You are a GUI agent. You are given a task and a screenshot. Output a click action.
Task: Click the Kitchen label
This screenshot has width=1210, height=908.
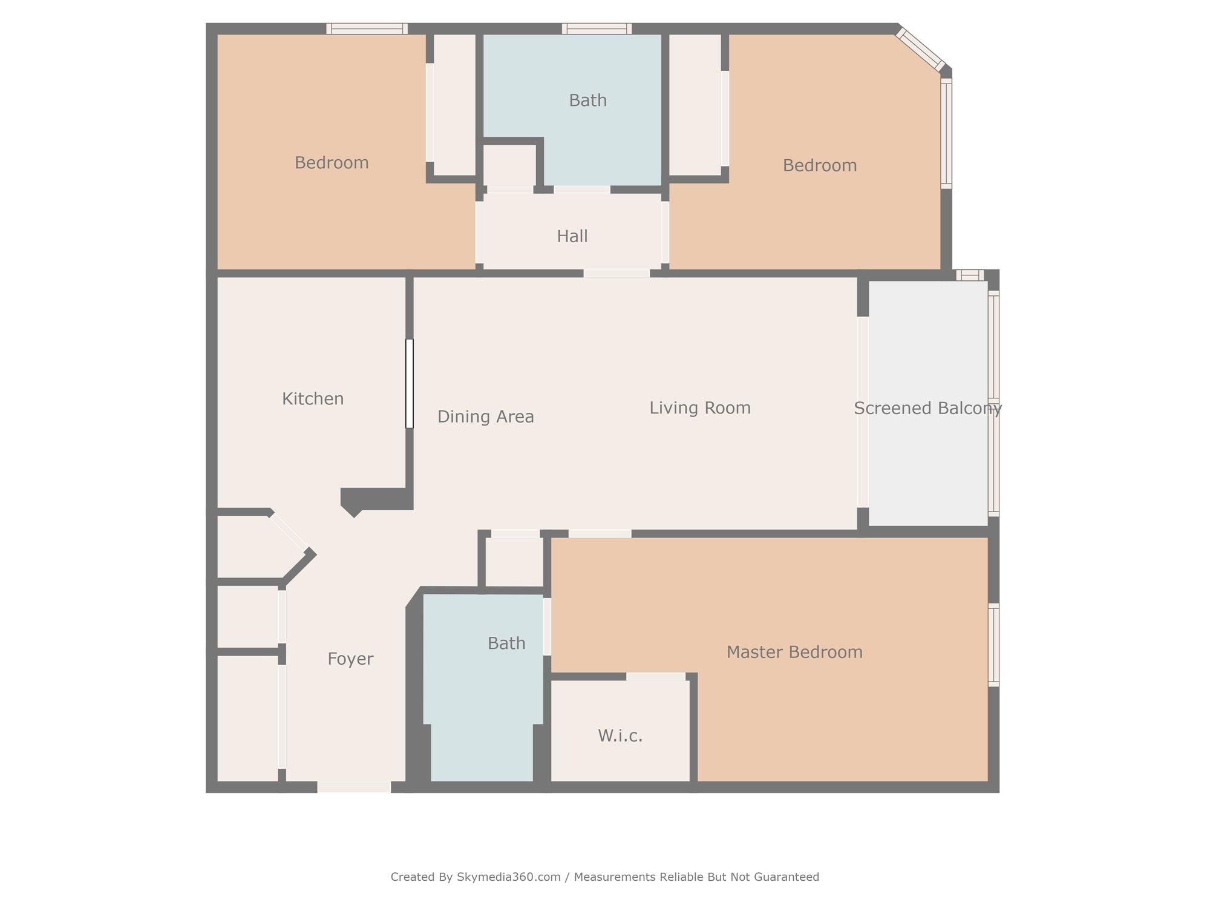click(313, 399)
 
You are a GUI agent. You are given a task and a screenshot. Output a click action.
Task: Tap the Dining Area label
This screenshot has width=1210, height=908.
click(485, 416)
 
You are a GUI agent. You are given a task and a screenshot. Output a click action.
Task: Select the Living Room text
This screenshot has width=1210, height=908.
click(700, 408)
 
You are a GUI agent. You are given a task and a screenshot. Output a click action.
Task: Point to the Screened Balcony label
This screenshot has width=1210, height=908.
click(927, 409)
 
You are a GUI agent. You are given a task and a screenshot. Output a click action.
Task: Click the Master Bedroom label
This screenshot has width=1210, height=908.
click(794, 652)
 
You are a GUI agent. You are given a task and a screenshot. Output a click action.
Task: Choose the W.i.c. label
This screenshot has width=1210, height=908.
click(620, 735)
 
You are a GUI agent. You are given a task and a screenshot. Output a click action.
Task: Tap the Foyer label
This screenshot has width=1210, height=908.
click(350, 659)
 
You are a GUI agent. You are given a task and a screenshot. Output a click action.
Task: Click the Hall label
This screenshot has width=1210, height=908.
click(572, 236)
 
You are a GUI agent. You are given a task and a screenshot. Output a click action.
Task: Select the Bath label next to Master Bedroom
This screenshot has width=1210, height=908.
click(506, 643)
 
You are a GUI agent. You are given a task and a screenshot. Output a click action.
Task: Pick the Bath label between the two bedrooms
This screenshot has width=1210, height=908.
click(587, 100)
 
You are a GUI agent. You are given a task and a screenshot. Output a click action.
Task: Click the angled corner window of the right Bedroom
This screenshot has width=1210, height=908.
click(920, 50)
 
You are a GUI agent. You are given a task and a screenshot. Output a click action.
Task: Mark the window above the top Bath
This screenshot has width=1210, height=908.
click(597, 28)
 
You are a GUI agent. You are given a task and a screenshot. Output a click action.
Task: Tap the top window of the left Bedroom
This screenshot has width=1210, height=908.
click(367, 28)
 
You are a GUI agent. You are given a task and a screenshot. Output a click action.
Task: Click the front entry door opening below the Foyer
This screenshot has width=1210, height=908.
click(354, 787)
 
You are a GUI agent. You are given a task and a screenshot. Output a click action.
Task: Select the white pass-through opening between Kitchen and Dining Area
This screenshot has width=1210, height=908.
click(410, 384)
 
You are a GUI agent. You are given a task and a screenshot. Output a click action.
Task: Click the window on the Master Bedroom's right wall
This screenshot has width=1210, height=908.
click(993, 645)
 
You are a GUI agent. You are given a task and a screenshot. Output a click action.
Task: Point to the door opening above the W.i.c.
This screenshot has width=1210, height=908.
click(656, 676)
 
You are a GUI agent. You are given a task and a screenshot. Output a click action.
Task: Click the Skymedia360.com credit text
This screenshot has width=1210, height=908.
click(508, 877)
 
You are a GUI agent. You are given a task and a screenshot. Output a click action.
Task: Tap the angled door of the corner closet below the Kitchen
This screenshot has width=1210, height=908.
click(288, 532)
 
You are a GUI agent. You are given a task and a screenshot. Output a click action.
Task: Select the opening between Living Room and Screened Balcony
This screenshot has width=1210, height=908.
click(863, 412)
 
